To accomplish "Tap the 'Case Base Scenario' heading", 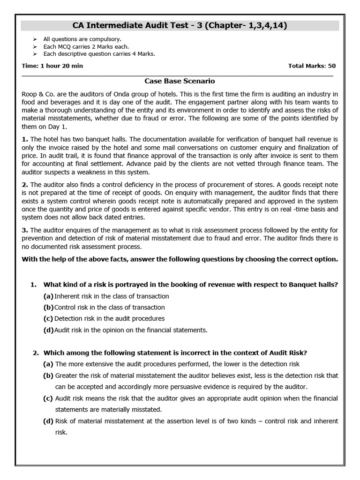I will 180,81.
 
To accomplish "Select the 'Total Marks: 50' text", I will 312,66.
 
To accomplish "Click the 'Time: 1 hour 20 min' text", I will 52,66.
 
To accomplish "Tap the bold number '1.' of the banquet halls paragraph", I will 25,139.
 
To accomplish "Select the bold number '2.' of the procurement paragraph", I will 25,185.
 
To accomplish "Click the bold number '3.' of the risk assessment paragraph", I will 25,230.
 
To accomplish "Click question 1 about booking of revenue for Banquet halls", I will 190,284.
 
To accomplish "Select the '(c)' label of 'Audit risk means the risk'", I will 48,398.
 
